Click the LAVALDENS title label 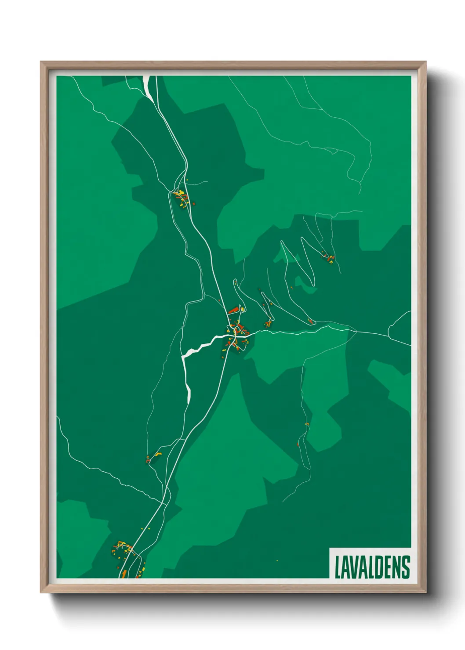(372, 567)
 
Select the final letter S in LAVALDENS (406, 567)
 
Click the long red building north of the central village (233, 311)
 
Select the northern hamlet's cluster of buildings (181, 197)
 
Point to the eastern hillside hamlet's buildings (329, 258)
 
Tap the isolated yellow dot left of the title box (277, 561)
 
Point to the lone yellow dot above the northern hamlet (187, 180)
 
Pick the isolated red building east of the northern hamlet (193, 203)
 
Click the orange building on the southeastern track (307, 424)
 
